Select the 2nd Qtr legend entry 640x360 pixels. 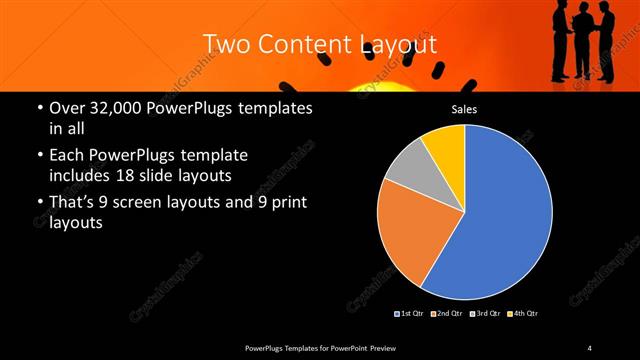[446, 314]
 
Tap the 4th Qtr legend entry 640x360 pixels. [524, 314]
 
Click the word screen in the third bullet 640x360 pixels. [155, 203]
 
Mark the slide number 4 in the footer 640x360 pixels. [589, 347]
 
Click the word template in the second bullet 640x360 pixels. [214, 156]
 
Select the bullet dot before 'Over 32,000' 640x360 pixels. [39, 107]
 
